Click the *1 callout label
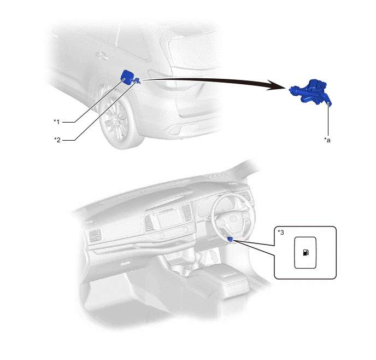57,122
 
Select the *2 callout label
57,140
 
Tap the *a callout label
327,140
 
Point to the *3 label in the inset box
280,232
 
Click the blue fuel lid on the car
127,77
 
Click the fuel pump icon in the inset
305,252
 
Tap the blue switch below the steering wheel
230,239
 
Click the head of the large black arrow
278,85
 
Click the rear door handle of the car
102,55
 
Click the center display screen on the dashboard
169,218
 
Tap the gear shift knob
198,257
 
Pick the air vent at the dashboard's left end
95,235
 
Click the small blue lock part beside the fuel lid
137,80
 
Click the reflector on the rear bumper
175,131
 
